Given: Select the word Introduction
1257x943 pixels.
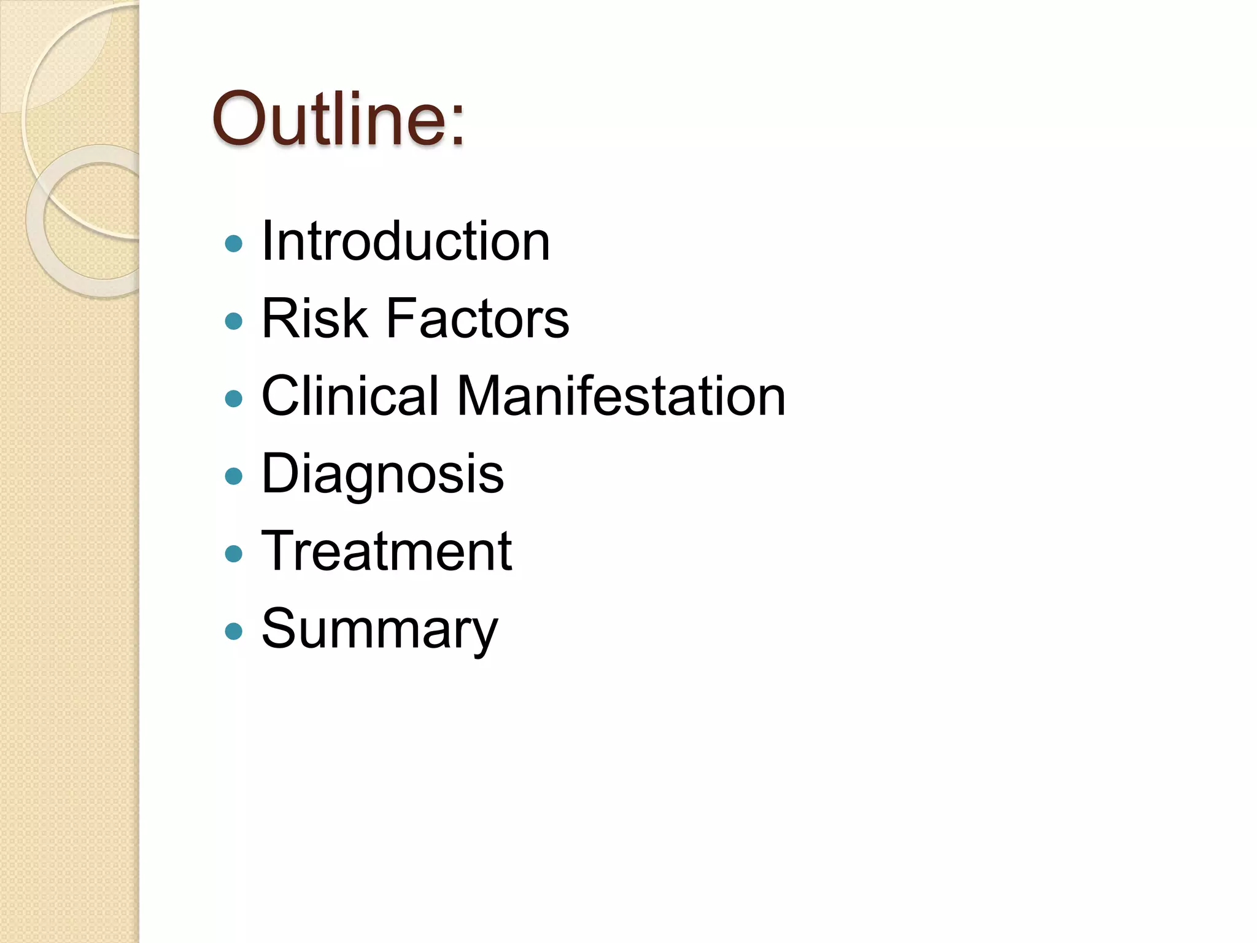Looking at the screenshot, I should coord(406,241).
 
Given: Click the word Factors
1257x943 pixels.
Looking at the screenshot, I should coord(478,318).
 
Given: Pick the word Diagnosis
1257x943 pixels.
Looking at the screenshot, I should coord(382,474).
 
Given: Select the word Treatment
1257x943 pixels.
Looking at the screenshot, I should coord(387,551).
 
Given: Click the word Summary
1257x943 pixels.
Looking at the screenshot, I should coord(379,629).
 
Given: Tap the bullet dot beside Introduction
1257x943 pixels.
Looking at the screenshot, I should coord(234,244).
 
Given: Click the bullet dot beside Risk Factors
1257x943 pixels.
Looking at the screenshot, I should coord(234,321).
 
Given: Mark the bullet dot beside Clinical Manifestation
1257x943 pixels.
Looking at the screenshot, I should coord(234,399).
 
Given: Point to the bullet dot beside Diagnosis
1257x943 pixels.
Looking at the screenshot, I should coord(234,476).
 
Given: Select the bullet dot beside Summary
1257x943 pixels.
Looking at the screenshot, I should coord(234,632).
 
